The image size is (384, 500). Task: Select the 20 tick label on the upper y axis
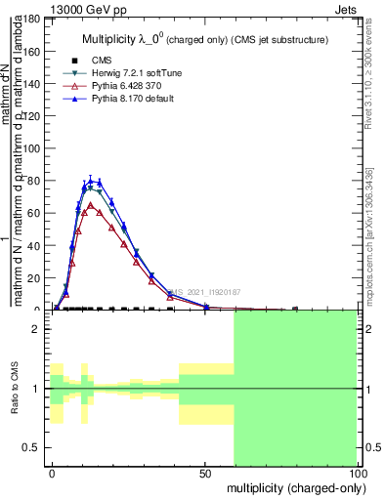(32, 278)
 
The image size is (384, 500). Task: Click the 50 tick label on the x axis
(205, 472)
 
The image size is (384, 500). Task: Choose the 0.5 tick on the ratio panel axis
(33, 447)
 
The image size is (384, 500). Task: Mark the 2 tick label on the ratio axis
(36, 329)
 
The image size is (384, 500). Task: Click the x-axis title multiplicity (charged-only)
(291, 487)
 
